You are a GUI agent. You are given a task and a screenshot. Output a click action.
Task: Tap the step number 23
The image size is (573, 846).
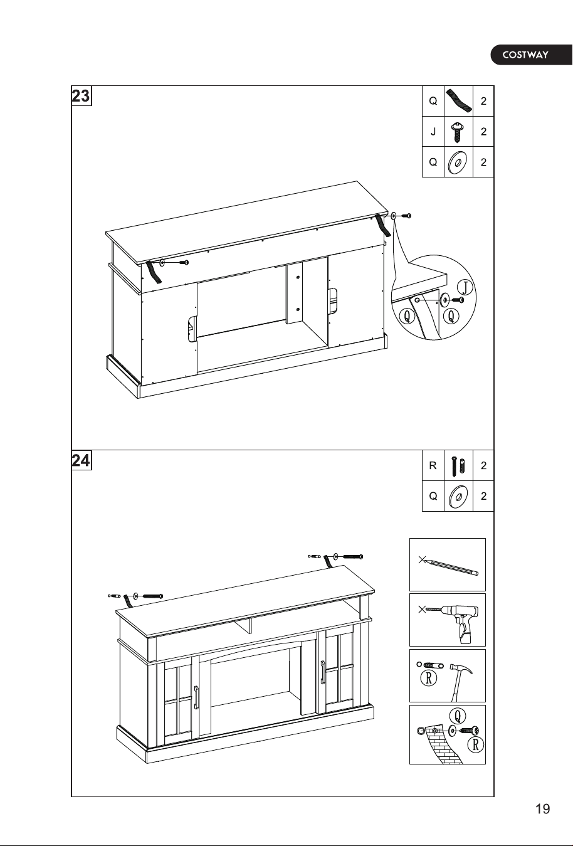point(81,96)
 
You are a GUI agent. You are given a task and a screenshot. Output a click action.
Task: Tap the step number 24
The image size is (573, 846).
point(81,460)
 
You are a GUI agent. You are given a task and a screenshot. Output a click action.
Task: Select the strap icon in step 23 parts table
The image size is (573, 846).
point(459,101)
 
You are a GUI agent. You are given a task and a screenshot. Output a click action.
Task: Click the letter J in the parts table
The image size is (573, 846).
point(433,132)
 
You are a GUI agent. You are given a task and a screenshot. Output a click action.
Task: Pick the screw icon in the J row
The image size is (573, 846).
point(458,132)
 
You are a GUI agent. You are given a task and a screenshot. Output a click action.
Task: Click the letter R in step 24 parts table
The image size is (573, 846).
point(433,465)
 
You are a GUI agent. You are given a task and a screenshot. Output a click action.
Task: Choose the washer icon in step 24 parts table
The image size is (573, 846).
point(458,496)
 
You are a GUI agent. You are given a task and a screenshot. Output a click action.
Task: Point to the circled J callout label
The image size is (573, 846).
point(465,288)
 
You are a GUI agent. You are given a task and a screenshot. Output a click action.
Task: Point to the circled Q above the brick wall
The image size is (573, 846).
point(458,716)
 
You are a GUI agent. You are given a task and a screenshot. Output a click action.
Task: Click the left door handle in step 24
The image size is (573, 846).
point(196,697)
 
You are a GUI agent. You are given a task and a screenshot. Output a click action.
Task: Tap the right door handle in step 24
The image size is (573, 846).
point(323,672)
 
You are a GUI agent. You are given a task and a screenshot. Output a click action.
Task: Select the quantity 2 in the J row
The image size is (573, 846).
point(483,132)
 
